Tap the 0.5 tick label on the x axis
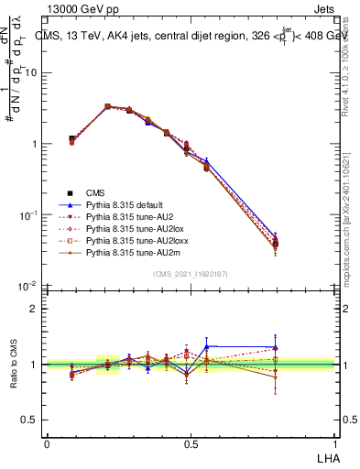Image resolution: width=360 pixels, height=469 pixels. coord(190,443)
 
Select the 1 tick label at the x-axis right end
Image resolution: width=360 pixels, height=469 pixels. coord(333,443)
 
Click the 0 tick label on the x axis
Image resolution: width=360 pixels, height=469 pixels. coord(47,443)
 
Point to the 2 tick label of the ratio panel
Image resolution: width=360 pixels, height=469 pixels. coord(34,309)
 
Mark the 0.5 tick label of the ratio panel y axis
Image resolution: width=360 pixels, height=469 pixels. coord(29,420)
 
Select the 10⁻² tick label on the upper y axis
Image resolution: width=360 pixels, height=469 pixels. coord(27,287)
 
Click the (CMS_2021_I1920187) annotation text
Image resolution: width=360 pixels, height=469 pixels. coord(190,274)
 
